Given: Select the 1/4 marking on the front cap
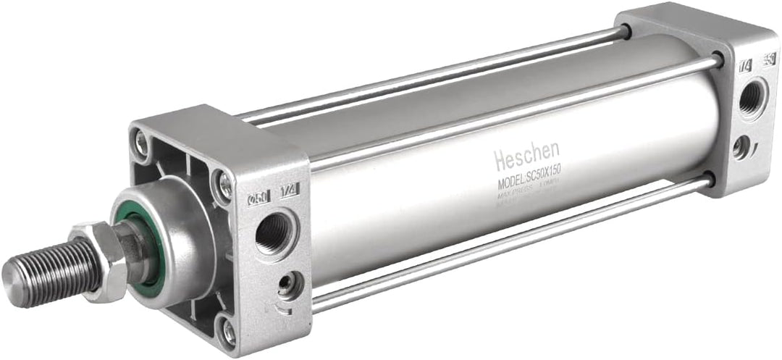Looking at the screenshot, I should coord(291,191).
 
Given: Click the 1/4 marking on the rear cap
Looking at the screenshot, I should coord(744,66).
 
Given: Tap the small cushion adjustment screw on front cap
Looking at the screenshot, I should coord(290,285).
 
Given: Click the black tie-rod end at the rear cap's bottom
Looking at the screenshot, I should coord(708,178).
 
